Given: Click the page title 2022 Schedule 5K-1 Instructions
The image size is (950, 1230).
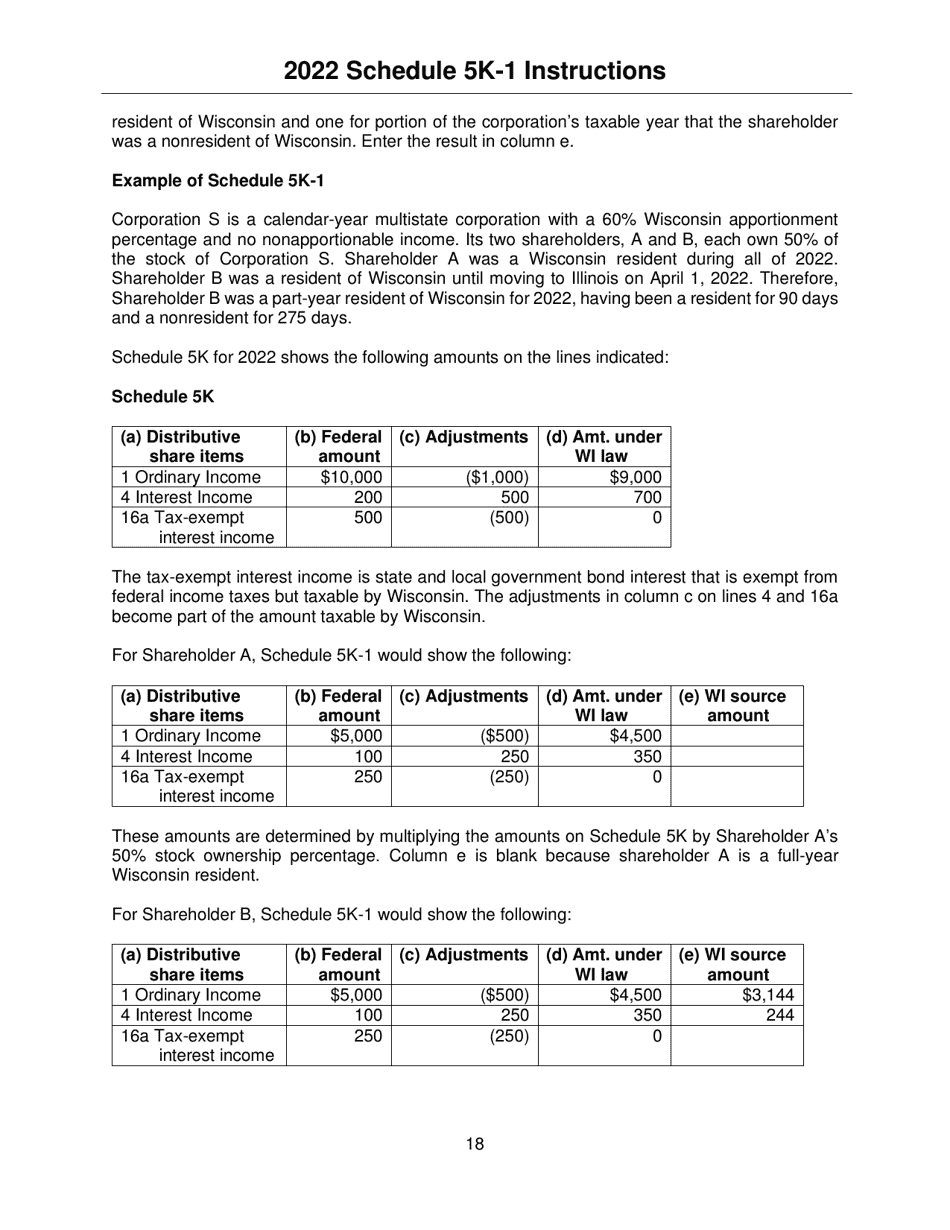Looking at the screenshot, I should click(x=474, y=70).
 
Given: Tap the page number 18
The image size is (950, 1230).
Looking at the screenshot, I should click(x=474, y=1144).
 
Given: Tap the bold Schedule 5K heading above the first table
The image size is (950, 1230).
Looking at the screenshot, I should click(x=163, y=396).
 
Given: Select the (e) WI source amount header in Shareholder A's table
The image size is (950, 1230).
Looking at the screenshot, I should click(x=737, y=705).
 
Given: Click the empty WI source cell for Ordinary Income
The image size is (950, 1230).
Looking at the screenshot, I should click(x=737, y=736).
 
